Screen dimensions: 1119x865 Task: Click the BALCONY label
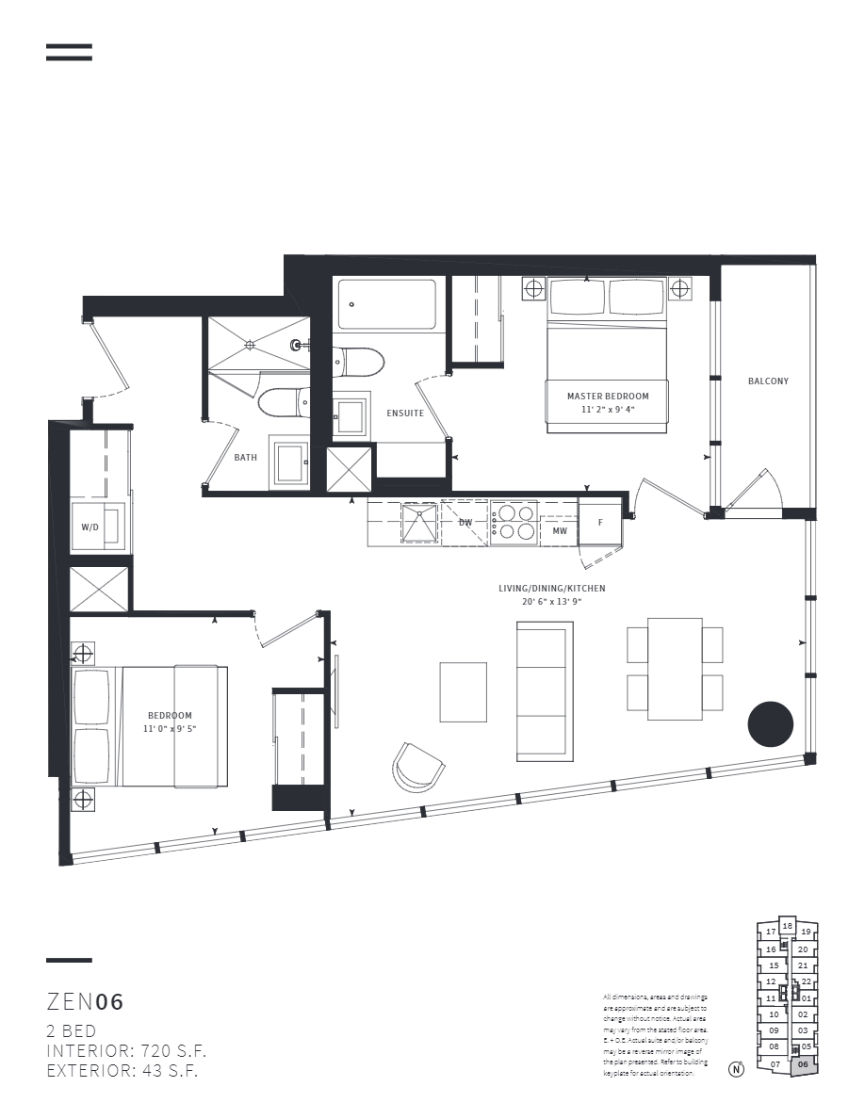pos(768,381)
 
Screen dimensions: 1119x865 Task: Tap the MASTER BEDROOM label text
pos(608,397)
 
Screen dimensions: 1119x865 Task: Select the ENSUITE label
pos(405,414)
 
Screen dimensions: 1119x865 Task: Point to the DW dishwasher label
pos(465,522)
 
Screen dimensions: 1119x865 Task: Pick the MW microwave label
pos(559,531)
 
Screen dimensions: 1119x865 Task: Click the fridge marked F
pos(599,521)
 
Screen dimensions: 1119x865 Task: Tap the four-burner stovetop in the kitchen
pos(514,523)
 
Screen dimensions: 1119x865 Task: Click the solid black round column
pos(770,723)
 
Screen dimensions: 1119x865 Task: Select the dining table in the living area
pos(675,668)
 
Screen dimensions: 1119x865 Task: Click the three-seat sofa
pos(545,691)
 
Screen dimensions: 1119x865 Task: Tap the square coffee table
pos(464,691)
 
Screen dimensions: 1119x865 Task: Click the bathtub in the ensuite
pos(387,303)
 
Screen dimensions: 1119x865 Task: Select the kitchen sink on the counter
pos(419,523)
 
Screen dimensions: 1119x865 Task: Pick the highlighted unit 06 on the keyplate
pos(804,1064)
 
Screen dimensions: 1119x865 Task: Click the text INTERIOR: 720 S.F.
pos(126,1050)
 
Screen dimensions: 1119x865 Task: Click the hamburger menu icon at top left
pos(69,53)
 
